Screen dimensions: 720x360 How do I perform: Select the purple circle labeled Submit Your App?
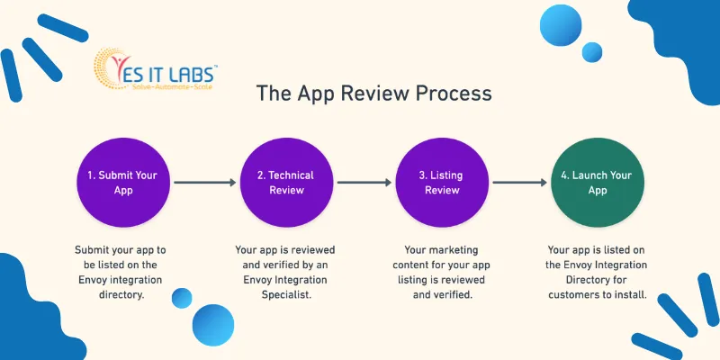click(123, 183)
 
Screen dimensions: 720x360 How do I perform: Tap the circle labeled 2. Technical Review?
click(286, 183)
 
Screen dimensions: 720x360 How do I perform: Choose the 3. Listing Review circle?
click(442, 183)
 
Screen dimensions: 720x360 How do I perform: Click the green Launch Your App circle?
click(598, 183)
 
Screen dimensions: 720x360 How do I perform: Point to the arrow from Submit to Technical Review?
click(205, 183)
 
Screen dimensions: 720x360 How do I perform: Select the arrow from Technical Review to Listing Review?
click(364, 183)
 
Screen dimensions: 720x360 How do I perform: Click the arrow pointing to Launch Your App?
click(520, 183)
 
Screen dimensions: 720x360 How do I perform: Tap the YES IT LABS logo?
click(155, 69)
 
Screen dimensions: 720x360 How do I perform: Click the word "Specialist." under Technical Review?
click(286, 295)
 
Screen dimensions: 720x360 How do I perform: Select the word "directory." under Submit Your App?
click(121, 295)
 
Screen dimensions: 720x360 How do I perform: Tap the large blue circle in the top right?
click(561, 25)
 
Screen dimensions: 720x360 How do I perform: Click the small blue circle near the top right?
click(592, 52)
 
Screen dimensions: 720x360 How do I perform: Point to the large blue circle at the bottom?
click(213, 325)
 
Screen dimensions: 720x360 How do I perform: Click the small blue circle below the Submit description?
click(182, 298)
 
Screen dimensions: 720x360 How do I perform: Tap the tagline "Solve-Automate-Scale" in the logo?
click(170, 86)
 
